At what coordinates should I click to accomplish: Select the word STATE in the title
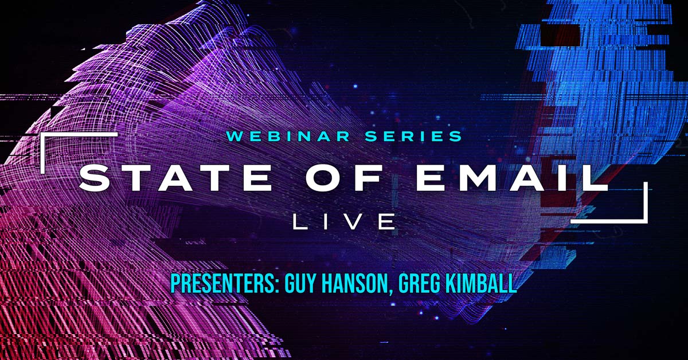(175, 179)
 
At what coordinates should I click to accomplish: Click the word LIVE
(344, 221)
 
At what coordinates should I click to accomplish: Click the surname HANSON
(355, 284)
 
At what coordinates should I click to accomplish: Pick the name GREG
(418, 284)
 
